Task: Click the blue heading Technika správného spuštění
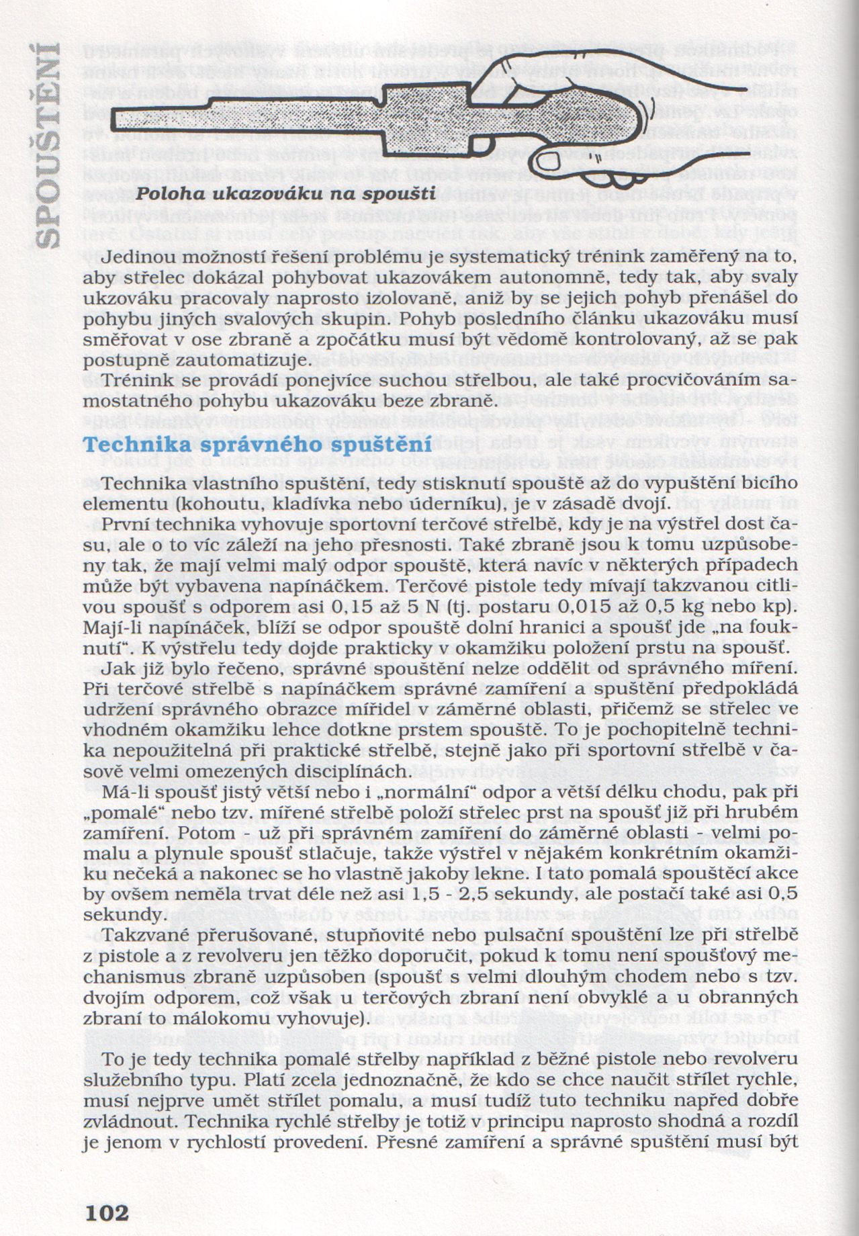click(x=257, y=445)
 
